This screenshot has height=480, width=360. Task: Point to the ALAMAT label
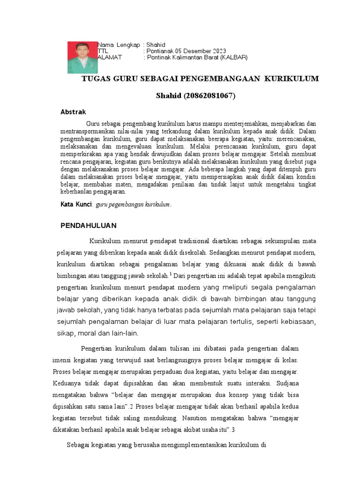[110, 57]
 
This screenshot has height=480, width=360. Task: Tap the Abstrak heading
[74, 112]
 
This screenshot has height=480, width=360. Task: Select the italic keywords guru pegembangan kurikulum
[134, 205]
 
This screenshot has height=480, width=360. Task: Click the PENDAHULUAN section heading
[89, 225]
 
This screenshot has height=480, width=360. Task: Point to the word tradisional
[194, 241]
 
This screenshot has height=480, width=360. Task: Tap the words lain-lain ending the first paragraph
[124, 333]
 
